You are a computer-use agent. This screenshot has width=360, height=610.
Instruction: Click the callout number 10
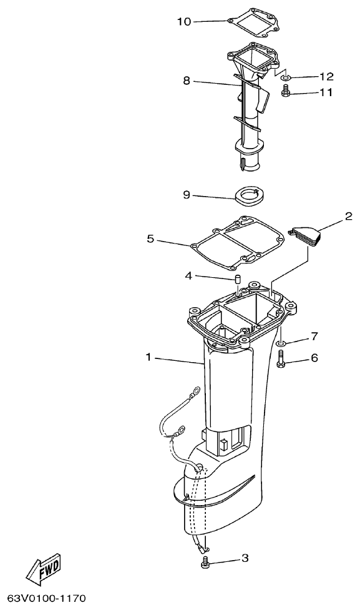pos(184,22)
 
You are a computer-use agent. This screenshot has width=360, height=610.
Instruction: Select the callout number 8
pos(187,81)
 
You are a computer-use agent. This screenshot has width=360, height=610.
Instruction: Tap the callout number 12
pos(326,77)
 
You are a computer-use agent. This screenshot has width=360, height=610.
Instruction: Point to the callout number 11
pos(326,92)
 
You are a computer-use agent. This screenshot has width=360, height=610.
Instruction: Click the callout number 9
pos(187,195)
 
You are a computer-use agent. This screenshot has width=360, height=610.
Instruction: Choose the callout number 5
pos(150,239)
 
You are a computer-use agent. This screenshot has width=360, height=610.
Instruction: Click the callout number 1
pos(149,358)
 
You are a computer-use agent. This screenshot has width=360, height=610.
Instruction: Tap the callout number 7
pos(314,337)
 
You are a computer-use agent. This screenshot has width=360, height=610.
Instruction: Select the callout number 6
pos(314,358)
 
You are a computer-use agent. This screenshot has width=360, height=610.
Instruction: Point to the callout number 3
pos(245,558)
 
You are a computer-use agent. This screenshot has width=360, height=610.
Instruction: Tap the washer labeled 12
pos(285,78)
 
